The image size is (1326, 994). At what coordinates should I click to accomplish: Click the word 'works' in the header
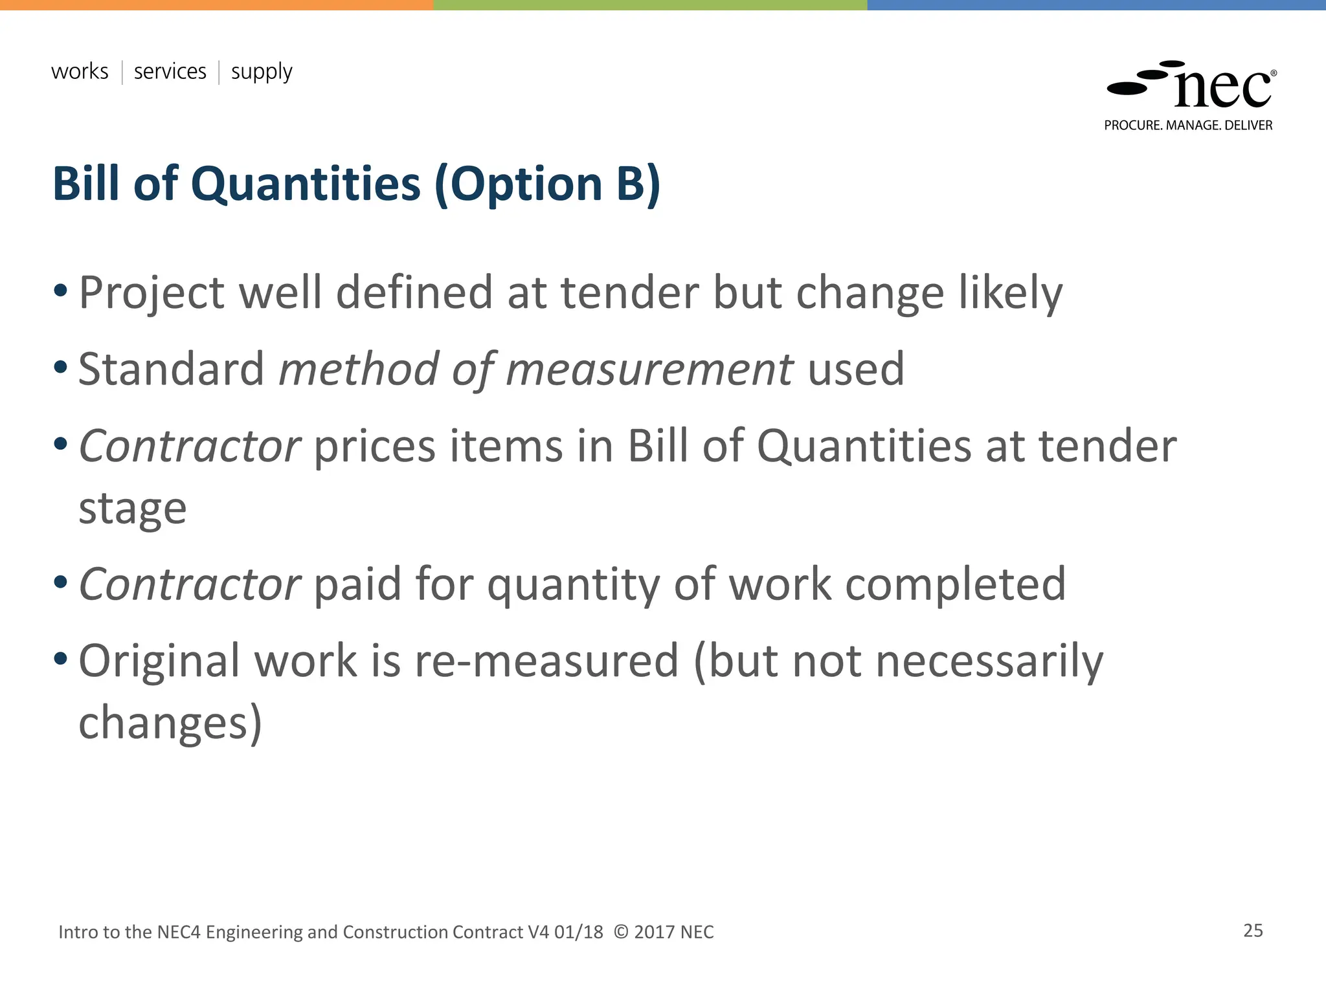coord(80,71)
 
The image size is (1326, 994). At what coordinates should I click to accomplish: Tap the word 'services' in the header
coord(170,71)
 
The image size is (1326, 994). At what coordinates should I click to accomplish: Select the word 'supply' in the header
coord(262,72)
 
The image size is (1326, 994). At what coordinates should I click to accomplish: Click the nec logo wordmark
coord(1222,89)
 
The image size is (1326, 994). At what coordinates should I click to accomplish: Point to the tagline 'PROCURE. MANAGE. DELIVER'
coord(1188,126)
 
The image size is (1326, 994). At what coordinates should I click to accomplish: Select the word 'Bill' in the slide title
coord(86,184)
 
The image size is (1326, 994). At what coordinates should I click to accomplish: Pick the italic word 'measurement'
coord(649,370)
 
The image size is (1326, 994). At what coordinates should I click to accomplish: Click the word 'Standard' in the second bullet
coord(171,370)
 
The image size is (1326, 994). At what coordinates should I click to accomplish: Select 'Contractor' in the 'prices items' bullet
coord(189,447)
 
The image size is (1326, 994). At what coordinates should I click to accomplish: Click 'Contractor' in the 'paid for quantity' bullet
coord(189,584)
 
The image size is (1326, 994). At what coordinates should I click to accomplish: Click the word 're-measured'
coord(546,661)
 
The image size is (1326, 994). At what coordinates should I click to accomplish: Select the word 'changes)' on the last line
coord(170,723)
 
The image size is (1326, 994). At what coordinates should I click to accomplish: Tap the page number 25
coord(1253,931)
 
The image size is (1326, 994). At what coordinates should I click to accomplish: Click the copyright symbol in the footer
coord(620,932)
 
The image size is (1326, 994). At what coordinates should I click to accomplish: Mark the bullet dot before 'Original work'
coord(61,659)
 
